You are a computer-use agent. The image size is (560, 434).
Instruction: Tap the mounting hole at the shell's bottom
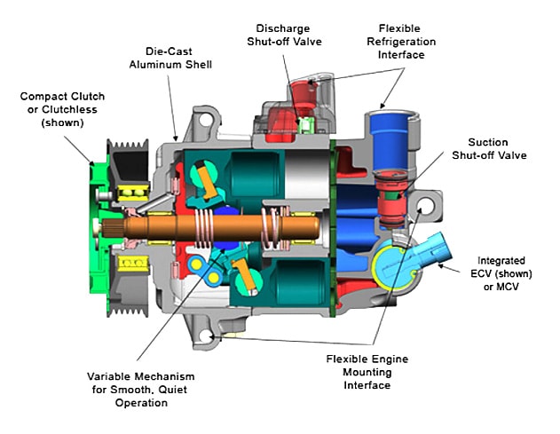pyautogui.click(x=209, y=336)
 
